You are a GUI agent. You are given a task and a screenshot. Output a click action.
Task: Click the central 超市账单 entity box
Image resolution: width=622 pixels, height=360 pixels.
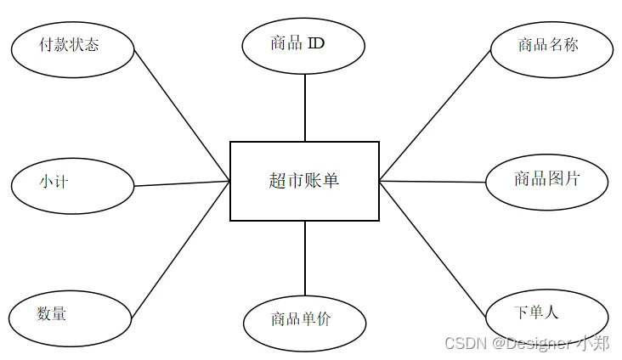(x=304, y=181)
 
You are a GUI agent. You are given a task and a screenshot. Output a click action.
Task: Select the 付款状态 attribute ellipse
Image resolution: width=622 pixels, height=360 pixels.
(x=73, y=47)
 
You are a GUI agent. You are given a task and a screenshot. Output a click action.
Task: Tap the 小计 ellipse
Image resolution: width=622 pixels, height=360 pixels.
(x=73, y=183)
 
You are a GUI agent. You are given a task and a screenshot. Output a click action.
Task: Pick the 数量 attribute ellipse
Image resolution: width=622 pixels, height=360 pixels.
(x=73, y=316)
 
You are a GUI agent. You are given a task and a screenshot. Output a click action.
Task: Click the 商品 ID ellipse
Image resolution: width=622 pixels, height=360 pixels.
(x=303, y=45)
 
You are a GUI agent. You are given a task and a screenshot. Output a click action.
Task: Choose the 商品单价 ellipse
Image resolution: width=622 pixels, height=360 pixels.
(x=304, y=321)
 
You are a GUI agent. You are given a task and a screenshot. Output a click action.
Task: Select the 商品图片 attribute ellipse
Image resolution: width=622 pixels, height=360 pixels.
(x=547, y=181)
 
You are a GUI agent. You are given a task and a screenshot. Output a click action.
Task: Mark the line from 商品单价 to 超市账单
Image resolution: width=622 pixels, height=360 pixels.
(x=305, y=257)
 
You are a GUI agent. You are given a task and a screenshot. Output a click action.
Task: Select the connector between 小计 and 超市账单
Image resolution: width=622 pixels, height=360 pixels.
(x=183, y=183)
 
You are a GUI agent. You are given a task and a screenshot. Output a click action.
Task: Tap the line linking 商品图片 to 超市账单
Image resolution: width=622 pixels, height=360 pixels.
(x=433, y=181)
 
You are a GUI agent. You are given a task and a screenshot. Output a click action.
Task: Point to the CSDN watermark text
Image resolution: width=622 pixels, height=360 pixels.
(x=464, y=344)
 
